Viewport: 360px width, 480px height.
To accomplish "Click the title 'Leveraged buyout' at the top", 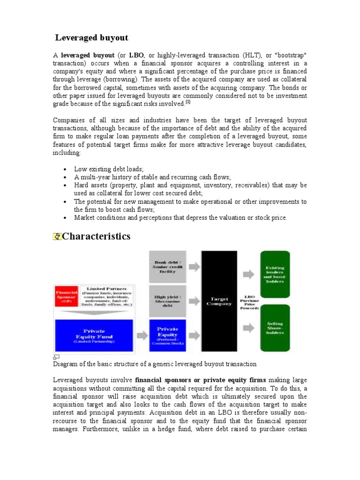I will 92,37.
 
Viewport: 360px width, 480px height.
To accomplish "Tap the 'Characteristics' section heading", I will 96,236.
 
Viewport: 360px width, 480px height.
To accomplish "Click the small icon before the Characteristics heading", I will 57,237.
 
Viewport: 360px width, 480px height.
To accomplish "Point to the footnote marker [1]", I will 187,102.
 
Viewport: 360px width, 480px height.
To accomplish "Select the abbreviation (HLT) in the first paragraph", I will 249,55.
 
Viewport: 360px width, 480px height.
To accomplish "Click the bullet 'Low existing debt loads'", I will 109,169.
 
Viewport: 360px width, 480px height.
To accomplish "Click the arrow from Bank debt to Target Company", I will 193,266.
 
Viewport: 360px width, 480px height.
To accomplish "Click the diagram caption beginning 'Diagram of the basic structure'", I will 156,364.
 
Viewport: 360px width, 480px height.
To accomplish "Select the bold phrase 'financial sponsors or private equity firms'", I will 200,380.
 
